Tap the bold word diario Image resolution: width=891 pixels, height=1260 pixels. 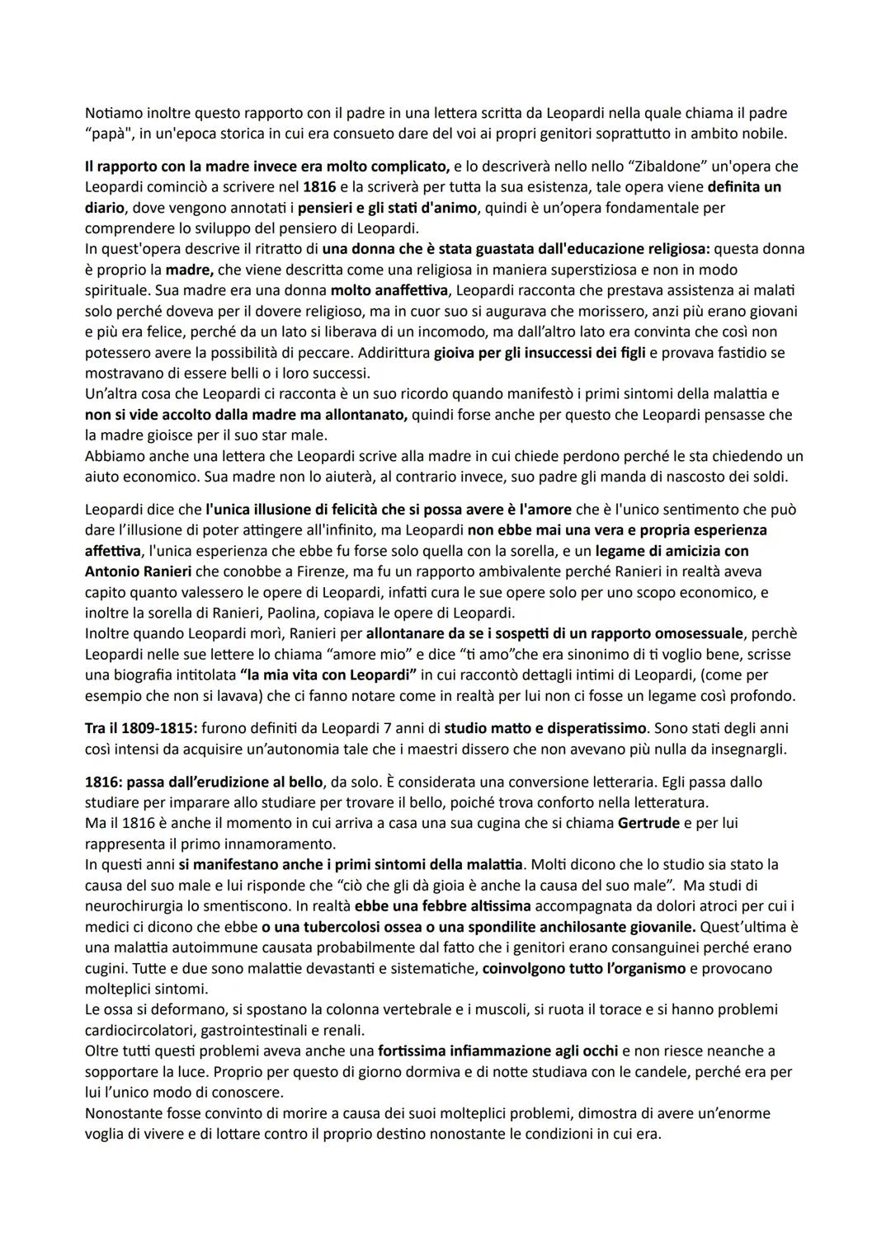pos(104,208)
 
